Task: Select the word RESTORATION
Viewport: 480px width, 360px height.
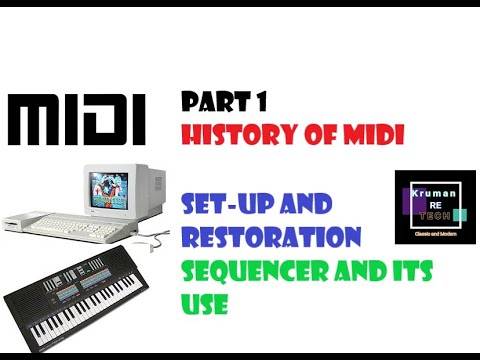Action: [x=270, y=238]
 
